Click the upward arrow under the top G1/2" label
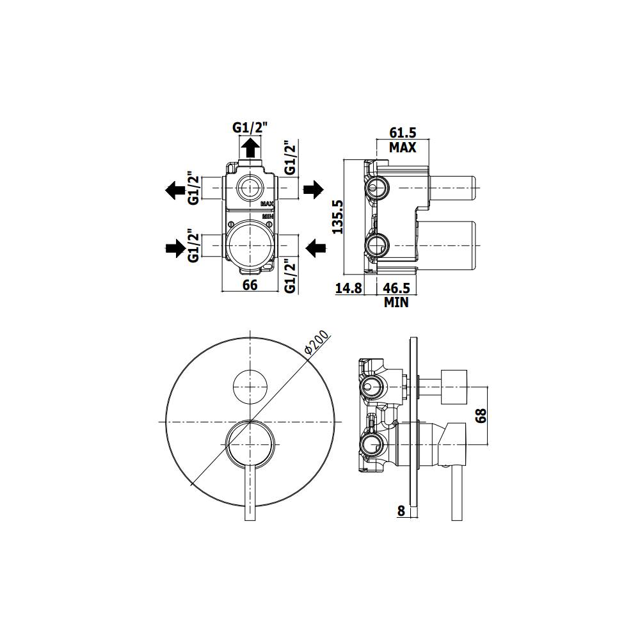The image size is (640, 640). (x=250, y=148)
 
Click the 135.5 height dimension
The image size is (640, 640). (x=339, y=217)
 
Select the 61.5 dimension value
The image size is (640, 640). (x=403, y=133)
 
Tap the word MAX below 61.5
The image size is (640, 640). (x=403, y=147)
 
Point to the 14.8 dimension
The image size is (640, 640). (x=349, y=288)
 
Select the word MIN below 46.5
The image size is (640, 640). (x=396, y=302)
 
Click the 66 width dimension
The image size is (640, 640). (x=250, y=285)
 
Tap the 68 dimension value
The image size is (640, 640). (x=482, y=415)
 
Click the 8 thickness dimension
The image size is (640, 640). (x=401, y=510)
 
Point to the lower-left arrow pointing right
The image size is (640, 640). (x=174, y=248)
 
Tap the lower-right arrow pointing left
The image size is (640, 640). (x=314, y=247)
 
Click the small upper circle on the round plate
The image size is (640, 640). (x=250, y=387)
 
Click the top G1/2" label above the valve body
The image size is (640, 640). (x=250, y=128)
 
